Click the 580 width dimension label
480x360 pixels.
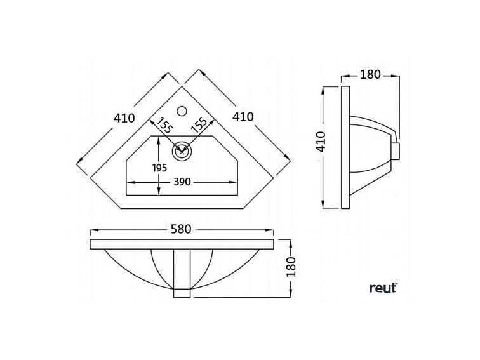point(181,229)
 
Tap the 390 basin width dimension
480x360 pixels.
point(182,182)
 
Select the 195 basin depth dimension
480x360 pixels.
point(160,168)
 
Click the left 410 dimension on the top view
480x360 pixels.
point(124,118)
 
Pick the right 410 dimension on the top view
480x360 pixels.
point(243,117)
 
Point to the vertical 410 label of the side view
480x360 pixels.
point(321,142)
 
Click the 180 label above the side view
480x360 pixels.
point(370,74)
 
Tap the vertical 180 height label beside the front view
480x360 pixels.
point(291,267)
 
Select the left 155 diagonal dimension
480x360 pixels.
point(165,125)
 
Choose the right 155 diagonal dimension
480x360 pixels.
point(199,124)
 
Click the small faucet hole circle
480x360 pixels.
point(182,110)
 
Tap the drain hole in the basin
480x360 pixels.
point(182,150)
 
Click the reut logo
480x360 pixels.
point(383,288)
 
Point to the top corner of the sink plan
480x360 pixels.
point(182,86)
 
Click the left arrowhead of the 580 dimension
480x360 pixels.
point(94,230)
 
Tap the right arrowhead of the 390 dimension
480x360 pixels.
point(234,182)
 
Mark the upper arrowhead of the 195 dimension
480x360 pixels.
point(159,141)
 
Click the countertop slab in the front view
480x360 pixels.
point(182,244)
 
